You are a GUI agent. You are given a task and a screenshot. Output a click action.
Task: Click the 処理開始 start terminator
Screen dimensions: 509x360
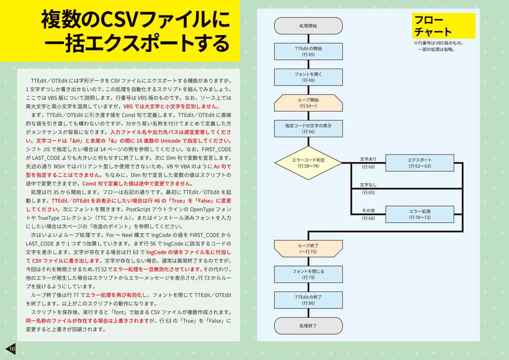(308, 25)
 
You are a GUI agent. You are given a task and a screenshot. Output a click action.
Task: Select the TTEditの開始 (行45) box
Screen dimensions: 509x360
(308, 51)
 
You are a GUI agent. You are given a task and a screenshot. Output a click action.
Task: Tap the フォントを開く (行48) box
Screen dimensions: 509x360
(308, 77)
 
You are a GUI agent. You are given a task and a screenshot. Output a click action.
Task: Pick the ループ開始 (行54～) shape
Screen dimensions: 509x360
(308, 103)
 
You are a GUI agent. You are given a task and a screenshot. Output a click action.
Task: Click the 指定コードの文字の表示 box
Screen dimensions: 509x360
(308, 128)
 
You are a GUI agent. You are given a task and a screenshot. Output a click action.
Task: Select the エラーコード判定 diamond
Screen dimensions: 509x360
(308, 162)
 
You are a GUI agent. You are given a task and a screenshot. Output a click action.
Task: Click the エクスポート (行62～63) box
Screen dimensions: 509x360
(419, 162)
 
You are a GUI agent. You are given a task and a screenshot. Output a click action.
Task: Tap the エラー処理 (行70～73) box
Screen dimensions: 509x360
(419, 214)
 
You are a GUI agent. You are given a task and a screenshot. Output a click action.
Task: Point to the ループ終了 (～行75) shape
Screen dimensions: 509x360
(308, 248)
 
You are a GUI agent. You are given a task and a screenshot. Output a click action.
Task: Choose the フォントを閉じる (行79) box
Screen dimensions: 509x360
(308, 274)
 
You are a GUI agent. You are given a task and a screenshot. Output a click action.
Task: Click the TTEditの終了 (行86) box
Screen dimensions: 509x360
(308, 300)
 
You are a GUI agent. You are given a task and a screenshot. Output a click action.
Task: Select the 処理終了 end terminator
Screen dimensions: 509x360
(308, 325)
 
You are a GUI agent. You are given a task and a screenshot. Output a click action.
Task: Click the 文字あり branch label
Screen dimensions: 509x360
(368, 159)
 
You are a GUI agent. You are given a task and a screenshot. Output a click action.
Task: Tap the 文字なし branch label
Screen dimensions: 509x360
(368, 184)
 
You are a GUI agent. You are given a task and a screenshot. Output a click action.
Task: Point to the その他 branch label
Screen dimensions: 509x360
(368, 210)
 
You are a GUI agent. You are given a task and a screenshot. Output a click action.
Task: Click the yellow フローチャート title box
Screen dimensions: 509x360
(444, 25)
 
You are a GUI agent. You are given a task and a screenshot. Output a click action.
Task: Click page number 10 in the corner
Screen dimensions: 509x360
(12, 349)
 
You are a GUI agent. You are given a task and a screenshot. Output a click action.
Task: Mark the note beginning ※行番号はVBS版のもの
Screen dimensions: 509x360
(438, 46)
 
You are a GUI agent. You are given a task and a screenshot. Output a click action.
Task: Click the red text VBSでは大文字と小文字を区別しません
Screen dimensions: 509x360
(171, 106)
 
